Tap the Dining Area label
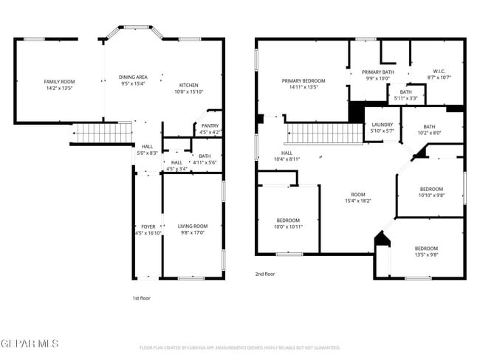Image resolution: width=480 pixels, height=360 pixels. click(133, 77)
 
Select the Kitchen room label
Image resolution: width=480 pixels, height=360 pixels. click(188, 85)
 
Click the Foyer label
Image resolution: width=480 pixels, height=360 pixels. click(148, 226)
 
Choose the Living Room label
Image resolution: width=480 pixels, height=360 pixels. click(193, 226)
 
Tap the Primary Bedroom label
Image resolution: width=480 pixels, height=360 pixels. click(303, 80)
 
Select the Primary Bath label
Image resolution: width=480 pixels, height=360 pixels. click(377, 72)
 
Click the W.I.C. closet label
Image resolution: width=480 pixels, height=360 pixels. click(438, 72)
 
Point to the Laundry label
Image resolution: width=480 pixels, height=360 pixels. click(383, 125)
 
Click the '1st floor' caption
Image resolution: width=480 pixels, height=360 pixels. click(141, 297)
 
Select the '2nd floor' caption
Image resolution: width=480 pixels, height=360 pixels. click(265, 274)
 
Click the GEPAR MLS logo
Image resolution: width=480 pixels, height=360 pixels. click(29, 344)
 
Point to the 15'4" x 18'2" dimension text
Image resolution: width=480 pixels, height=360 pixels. click(357, 200)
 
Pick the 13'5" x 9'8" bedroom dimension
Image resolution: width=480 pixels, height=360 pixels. click(425, 255)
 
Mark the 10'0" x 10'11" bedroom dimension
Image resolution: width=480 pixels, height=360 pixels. click(288, 227)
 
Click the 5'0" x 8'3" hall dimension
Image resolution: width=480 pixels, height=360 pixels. click(148, 153)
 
